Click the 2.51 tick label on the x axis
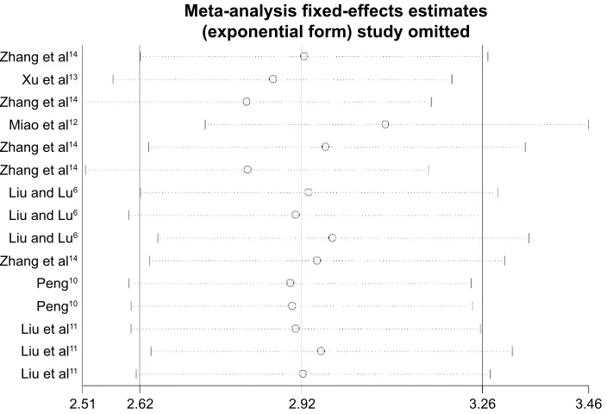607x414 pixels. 83,404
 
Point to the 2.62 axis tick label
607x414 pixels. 141,404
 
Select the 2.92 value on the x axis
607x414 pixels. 302,404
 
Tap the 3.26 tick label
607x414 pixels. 482,404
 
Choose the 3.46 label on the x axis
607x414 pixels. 588,404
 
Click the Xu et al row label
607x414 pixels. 50,79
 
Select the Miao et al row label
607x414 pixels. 43,125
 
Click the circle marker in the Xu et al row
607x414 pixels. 273,79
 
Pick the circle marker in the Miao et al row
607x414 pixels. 385,124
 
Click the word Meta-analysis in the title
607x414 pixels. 236,11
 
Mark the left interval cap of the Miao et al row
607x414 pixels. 205,124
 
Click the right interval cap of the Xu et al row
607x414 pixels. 452,79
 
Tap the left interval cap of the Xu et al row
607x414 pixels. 113,79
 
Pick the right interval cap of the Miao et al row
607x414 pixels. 588,124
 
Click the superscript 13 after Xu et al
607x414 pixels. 73,77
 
